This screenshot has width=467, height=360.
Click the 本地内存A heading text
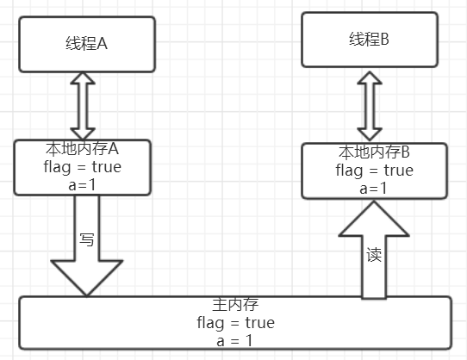point(84,150)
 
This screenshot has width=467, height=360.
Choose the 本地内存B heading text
point(374,153)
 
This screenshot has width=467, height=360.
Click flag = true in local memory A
point(84,166)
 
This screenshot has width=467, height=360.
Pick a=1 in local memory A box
point(84,183)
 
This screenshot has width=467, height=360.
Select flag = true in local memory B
point(374,171)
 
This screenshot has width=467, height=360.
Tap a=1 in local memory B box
point(374,188)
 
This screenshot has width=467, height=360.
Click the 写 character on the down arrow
point(86,239)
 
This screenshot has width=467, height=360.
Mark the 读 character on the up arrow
point(374,256)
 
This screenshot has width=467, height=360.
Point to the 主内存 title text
point(235,306)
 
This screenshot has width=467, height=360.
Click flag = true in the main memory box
point(235,323)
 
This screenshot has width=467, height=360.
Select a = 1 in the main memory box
point(235,340)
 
